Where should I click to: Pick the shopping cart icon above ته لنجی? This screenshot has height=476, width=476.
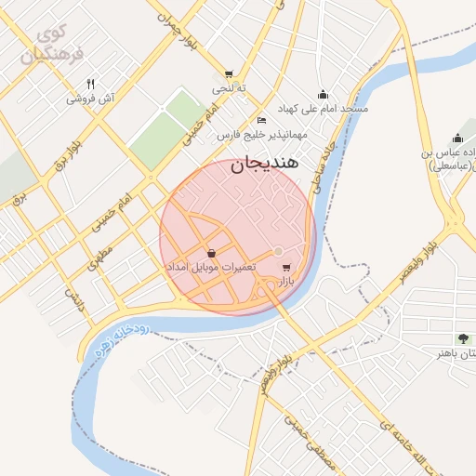[229, 74]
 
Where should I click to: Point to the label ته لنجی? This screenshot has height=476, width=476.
[227, 89]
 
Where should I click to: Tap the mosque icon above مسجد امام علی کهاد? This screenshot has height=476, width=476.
[323, 94]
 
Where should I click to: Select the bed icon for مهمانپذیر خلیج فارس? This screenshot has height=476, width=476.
[262, 121]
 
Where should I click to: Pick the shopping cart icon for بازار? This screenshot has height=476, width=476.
[284, 266]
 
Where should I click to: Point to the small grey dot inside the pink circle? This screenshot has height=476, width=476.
[277, 251]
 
